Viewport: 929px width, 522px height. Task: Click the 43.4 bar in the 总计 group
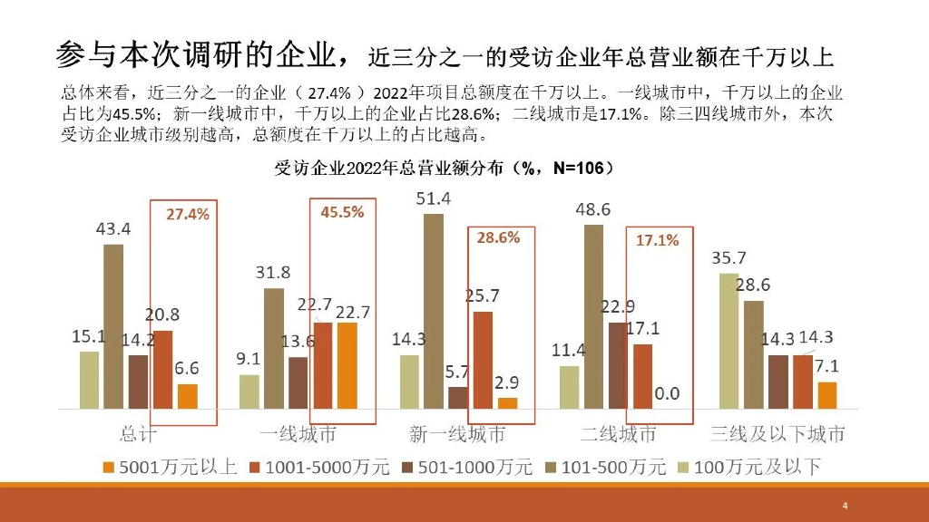click(x=113, y=326)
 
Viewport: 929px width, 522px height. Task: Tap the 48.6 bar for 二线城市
click(x=593, y=316)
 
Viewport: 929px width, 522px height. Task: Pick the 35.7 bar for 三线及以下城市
click(x=729, y=341)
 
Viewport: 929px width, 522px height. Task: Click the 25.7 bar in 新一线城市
click(x=483, y=360)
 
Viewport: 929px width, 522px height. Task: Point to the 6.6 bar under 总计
click(x=188, y=396)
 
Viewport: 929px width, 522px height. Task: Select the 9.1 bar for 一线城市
click(x=249, y=391)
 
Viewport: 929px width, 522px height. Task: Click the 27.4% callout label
click(x=188, y=215)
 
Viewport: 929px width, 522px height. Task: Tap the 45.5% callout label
click(x=342, y=212)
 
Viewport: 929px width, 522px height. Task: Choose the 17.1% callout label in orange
click(x=658, y=240)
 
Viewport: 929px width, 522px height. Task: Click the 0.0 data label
click(x=667, y=394)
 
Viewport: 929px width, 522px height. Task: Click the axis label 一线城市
click(x=298, y=434)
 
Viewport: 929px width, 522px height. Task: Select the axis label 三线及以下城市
click(x=777, y=434)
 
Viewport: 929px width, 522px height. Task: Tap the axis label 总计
click(x=138, y=434)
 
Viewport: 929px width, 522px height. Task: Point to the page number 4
click(x=845, y=505)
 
